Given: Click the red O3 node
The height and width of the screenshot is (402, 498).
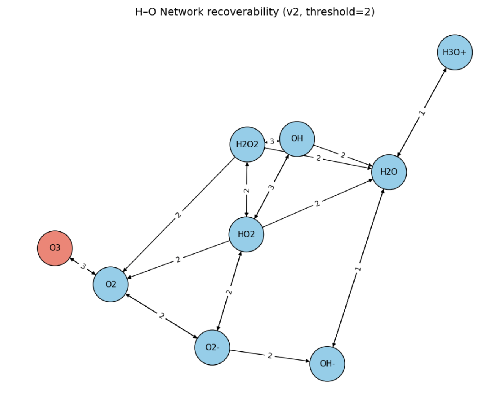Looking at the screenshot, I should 55,248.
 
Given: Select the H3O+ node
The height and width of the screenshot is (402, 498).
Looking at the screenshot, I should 455,52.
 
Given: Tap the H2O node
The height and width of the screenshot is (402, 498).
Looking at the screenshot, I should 389,172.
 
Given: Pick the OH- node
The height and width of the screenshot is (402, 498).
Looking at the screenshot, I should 327,364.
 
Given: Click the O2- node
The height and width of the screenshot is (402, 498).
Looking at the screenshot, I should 212,347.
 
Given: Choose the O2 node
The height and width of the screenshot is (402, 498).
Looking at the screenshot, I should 110,284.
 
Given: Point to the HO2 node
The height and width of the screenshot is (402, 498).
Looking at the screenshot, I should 246,234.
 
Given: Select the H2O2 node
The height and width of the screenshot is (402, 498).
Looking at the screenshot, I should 247,144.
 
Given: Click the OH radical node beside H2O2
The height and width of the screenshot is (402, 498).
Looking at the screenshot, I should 297,139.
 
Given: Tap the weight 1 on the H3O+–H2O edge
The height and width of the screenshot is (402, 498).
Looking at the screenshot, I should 422,113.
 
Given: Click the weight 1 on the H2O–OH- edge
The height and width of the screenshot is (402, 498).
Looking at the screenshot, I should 358,269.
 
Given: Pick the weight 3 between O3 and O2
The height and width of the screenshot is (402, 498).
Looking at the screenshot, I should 83,266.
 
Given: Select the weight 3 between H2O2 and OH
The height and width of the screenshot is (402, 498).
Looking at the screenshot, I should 272,142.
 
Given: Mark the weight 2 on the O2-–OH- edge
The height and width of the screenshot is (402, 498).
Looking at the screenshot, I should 270,356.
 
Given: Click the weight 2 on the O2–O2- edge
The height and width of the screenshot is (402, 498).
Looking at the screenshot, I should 162,316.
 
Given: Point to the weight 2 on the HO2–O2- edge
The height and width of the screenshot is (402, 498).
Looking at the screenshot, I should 229,292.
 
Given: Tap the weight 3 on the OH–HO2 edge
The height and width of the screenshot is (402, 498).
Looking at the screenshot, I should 271,187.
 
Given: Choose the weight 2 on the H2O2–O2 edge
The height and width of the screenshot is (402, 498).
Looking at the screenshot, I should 178,215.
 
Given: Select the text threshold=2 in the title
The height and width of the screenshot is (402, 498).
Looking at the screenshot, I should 338,12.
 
